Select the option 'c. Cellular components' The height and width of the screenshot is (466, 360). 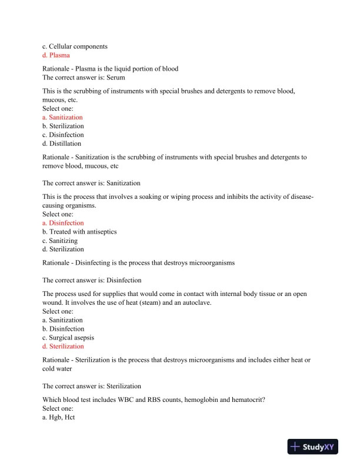[x=75, y=46]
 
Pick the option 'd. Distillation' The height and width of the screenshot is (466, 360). [x=62, y=144]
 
